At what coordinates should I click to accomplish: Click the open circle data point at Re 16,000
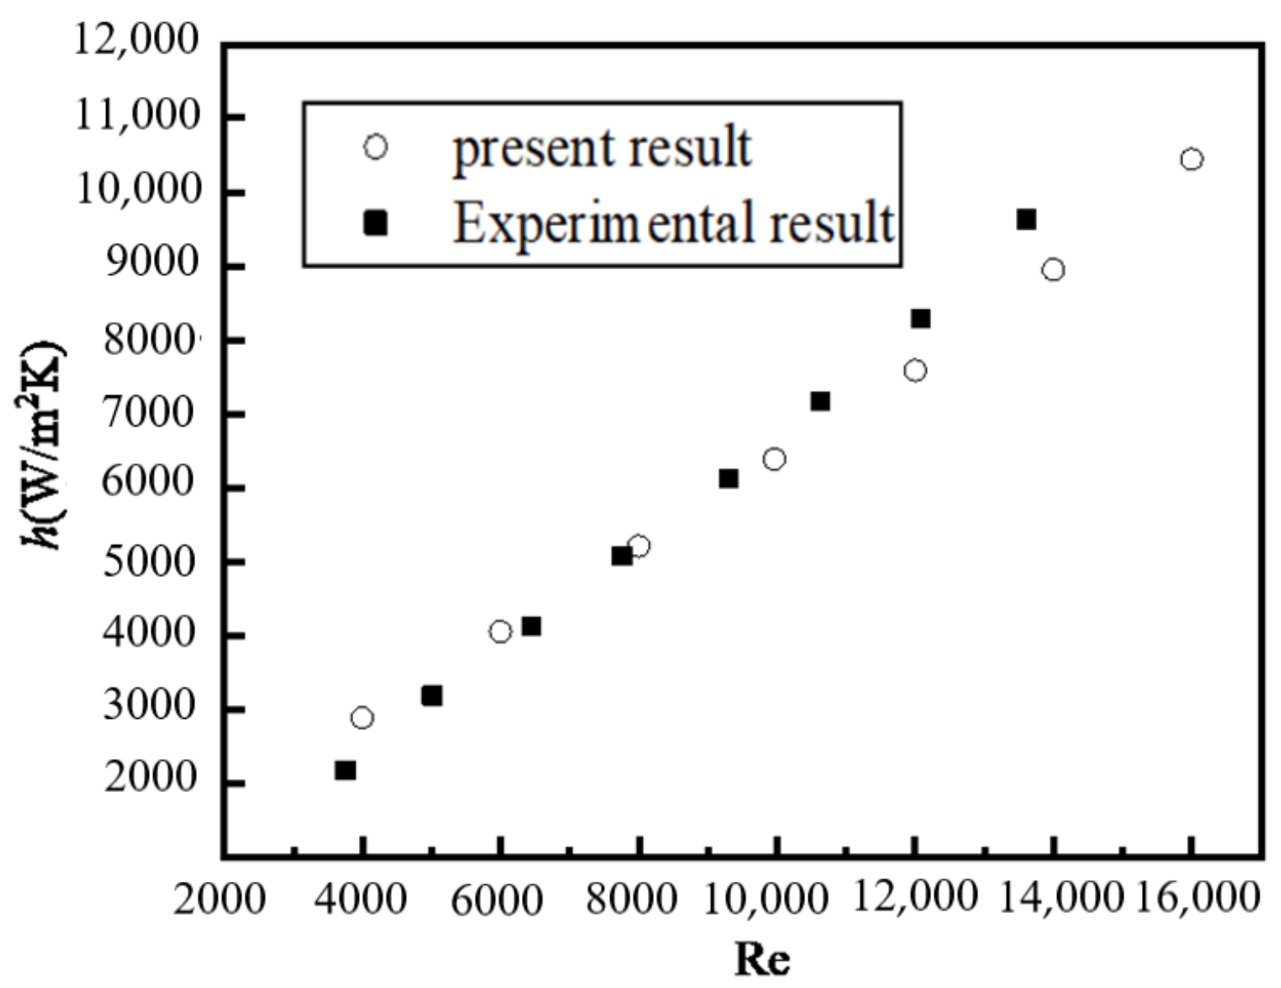point(1190,159)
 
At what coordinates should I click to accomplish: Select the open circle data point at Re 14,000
point(1053,270)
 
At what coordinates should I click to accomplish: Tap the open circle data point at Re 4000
point(361,718)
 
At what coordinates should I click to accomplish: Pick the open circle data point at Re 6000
point(500,631)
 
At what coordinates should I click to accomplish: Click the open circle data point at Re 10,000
point(774,459)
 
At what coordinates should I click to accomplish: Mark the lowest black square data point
point(345,771)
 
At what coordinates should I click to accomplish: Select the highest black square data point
point(1026,219)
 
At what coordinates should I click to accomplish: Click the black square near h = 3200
point(431,696)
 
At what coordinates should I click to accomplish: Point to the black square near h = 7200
point(820,401)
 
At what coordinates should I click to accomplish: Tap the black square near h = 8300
point(920,319)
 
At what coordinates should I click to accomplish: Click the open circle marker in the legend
point(375,147)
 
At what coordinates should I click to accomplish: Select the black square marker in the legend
point(375,222)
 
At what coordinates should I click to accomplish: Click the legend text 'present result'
point(603,148)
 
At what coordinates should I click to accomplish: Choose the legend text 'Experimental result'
point(673,222)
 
